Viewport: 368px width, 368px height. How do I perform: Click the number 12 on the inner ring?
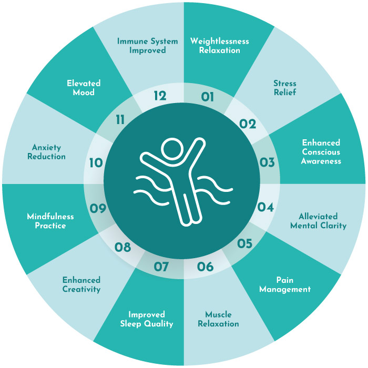[160, 96]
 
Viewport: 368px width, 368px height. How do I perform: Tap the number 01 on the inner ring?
[208, 97]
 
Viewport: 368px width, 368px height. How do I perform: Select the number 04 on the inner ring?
[265, 207]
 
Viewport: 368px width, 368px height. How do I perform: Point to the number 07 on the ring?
[161, 267]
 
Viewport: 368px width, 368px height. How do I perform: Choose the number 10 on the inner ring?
[96, 162]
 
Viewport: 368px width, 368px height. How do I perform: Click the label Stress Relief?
[285, 88]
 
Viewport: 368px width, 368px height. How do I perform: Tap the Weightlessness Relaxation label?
[219, 46]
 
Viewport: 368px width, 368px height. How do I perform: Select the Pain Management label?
[285, 285]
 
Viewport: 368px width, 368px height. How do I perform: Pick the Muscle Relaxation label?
[218, 319]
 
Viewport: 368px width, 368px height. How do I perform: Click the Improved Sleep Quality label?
[147, 319]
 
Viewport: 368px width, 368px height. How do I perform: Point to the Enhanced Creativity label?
[81, 285]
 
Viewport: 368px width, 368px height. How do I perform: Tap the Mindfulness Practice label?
[50, 221]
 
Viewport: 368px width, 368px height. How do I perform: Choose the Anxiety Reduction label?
[46, 152]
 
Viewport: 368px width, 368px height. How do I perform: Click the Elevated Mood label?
[84, 88]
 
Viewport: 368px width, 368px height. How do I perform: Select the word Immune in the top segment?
[132, 42]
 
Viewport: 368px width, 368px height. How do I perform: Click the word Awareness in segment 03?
[321, 161]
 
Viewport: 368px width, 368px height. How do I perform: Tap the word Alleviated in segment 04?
[318, 216]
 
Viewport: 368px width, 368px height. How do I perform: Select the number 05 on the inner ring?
[245, 243]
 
